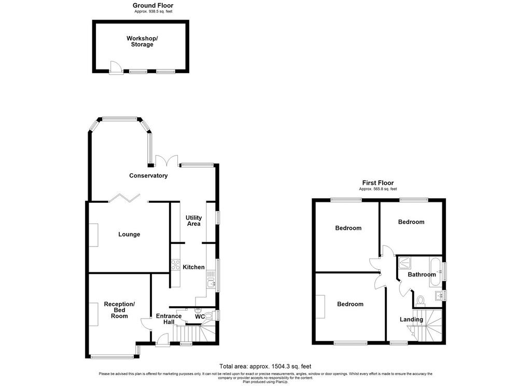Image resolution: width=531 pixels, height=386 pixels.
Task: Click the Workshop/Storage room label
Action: point(142,42)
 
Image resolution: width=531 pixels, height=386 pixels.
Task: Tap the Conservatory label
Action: point(148,175)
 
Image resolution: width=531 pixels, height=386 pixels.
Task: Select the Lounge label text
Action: point(129,234)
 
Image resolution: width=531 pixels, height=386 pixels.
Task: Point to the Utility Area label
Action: point(194,220)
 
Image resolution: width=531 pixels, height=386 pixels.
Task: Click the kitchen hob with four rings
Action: point(175,264)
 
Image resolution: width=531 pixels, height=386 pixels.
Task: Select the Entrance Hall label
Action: point(169,319)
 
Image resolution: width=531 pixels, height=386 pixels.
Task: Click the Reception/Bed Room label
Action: point(119,310)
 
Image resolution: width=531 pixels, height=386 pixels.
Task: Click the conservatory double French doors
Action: point(166,160)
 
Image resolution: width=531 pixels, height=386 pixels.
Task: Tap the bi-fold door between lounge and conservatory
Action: point(124,198)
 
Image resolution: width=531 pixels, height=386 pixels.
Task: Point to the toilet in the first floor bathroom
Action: point(420,300)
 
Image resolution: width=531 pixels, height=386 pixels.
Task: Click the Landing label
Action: point(411,319)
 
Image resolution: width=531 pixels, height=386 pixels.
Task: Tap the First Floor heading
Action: point(378,183)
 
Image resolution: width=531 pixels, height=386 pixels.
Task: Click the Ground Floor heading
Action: point(153,5)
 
